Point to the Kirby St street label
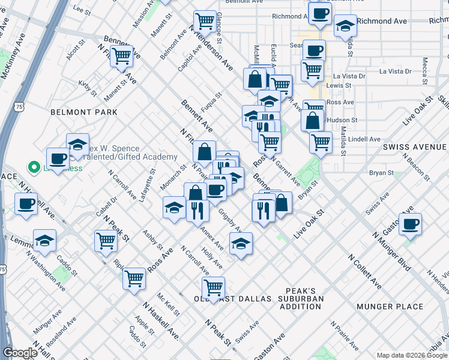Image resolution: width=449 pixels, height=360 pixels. (88, 89)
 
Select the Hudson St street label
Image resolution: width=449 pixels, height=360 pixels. (344, 120)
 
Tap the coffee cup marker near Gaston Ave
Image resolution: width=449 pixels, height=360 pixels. (410, 225)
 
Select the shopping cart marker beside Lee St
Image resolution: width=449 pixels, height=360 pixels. (122, 56)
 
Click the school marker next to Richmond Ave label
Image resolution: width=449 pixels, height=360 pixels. (345, 26)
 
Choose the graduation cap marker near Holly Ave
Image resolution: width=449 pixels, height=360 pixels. (241, 244)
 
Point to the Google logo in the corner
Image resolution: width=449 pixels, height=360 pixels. (20, 353)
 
